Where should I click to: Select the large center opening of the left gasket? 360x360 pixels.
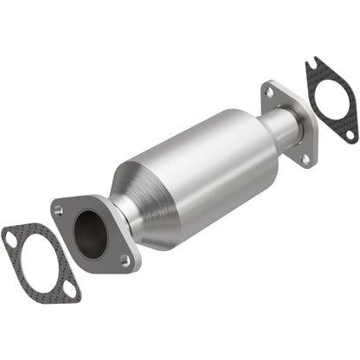pyautogui.click(x=38, y=260)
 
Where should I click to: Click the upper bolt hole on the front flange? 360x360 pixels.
pyautogui.click(x=60, y=208)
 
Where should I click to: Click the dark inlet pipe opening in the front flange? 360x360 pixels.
pyautogui.click(x=90, y=233)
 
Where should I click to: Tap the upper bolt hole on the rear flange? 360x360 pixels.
pyautogui.click(x=269, y=91)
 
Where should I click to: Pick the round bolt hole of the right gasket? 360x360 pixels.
pyautogui.click(x=349, y=134)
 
